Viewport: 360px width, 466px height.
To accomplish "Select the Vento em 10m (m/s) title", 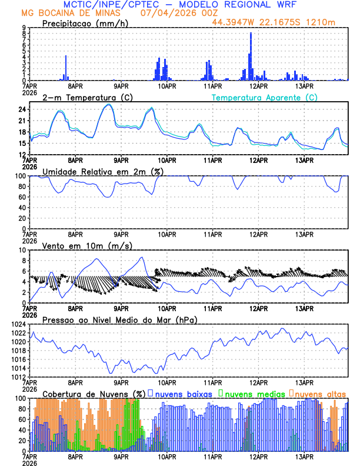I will (87, 245).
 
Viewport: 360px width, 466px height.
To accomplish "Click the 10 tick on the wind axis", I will (21, 250).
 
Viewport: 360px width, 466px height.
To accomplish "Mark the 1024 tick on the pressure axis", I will (16, 324).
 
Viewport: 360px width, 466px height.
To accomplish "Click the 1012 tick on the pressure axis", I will (16, 377).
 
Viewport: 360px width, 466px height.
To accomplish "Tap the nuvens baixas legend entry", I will (182, 393).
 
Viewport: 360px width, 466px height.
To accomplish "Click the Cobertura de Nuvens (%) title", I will (94, 393).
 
